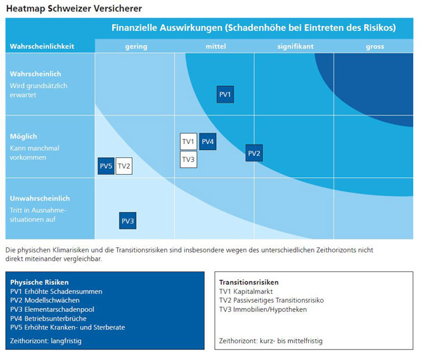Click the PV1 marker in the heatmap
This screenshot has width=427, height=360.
tap(226, 95)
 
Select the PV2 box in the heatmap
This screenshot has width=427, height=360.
tap(254, 153)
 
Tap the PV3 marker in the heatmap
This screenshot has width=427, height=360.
tap(127, 221)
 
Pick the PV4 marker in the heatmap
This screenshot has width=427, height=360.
tap(207, 141)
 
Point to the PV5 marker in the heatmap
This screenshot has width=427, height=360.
tap(106, 166)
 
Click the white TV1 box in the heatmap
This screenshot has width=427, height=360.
tap(188, 141)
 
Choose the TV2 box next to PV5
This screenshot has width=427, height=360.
tap(124, 166)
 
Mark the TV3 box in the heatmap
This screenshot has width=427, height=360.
tap(188, 159)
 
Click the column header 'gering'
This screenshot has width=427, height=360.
tap(136, 47)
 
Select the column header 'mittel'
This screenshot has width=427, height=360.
tap(215, 47)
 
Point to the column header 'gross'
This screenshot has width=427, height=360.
tap(374, 47)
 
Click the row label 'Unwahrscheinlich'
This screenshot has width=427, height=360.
tap(40, 198)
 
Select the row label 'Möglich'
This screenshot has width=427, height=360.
tap(23, 136)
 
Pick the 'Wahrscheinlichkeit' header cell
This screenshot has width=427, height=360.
tap(41, 47)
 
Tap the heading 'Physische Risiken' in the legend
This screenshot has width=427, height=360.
tap(39, 282)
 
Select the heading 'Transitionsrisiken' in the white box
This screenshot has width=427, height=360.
tap(249, 282)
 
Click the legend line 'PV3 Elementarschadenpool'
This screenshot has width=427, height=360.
tap(51, 309)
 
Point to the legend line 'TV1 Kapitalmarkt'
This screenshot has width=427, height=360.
tap(246, 291)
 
